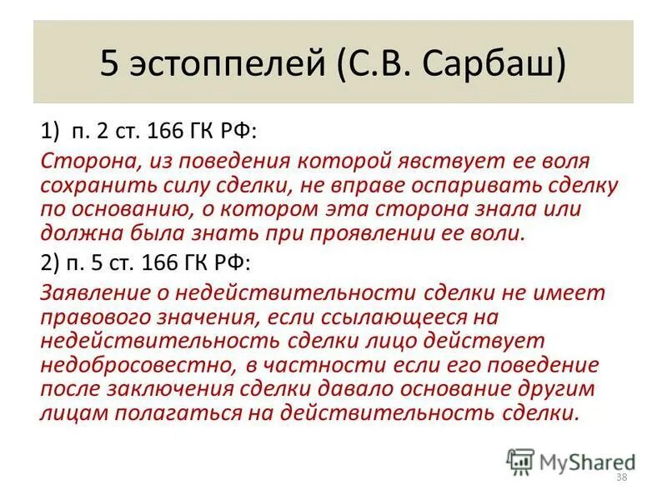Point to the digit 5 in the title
[x=109, y=63]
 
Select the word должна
[x=80, y=233]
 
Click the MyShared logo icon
[x=521, y=461]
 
